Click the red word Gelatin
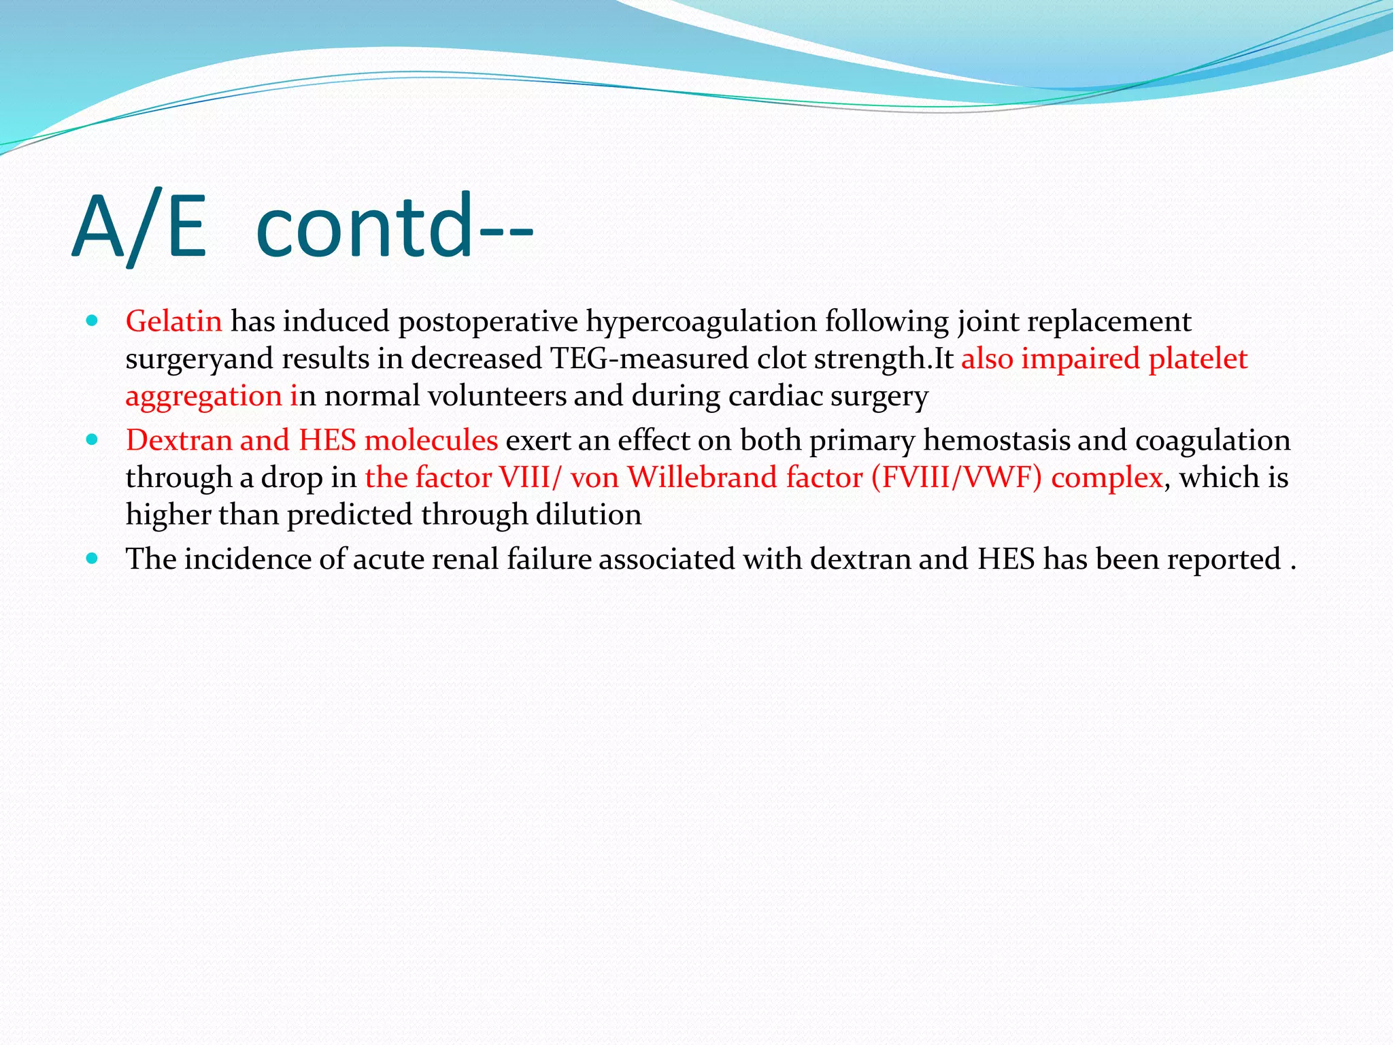[x=173, y=321]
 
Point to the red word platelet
[x=1198, y=359]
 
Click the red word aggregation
[x=203, y=397]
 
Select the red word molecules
[x=431, y=440]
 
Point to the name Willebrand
[x=703, y=478]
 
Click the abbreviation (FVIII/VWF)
[x=956, y=478]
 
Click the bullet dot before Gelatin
[x=93, y=320]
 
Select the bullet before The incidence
[x=93, y=559]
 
